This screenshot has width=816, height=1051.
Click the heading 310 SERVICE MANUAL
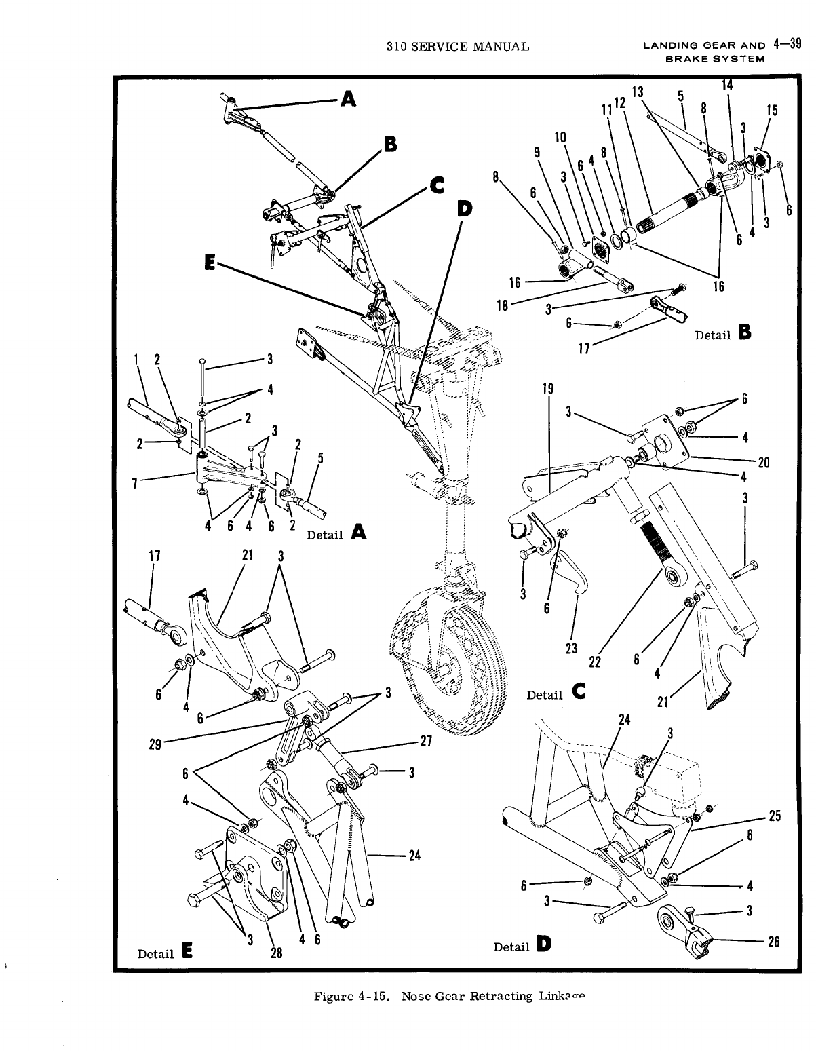tap(456, 47)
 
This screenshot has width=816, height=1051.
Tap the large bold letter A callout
tap(348, 100)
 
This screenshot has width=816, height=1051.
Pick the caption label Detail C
tap(556, 693)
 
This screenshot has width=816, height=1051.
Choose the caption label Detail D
tap(522, 945)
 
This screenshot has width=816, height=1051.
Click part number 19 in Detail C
tap(548, 389)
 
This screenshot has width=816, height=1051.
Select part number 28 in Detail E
tap(277, 952)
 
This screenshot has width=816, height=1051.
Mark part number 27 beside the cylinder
tap(426, 742)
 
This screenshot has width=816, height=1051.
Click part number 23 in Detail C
tap(571, 647)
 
